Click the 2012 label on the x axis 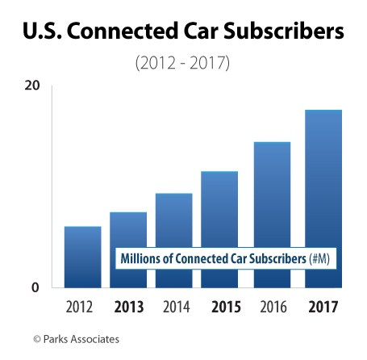coord(82,308)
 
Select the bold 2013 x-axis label coord(128,308)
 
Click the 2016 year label coord(272,308)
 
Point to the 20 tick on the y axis coord(32,86)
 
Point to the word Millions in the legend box coord(140,259)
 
